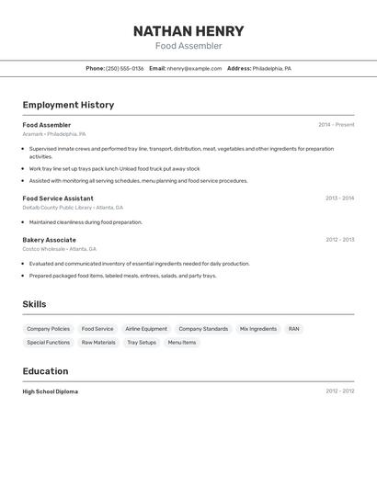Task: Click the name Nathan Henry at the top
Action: pos(188,30)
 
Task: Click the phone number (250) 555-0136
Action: pos(125,68)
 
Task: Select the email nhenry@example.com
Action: pos(194,68)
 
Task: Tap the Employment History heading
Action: pos(68,105)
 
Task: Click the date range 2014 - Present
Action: pos(336,125)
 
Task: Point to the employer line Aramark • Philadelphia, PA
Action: pos(54,134)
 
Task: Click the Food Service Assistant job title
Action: pos(58,198)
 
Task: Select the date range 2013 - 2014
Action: pos(339,198)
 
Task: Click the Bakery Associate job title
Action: pos(50,240)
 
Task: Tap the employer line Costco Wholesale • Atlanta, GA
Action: pos(60,249)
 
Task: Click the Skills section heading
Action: pos(34,304)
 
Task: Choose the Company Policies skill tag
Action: pos(48,329)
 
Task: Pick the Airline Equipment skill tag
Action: pos(146,329)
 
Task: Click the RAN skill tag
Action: pos(293,329)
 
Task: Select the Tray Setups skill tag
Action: pos(142,343)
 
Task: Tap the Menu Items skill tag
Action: pos(182,343)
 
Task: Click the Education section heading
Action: pos(45,371)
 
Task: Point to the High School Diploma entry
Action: pos(51,391)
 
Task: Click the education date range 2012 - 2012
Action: pos(339,391)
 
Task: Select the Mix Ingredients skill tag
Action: pos(258,329)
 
